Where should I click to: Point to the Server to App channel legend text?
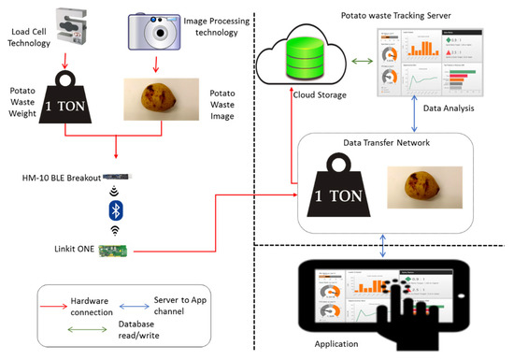coord(178,306)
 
